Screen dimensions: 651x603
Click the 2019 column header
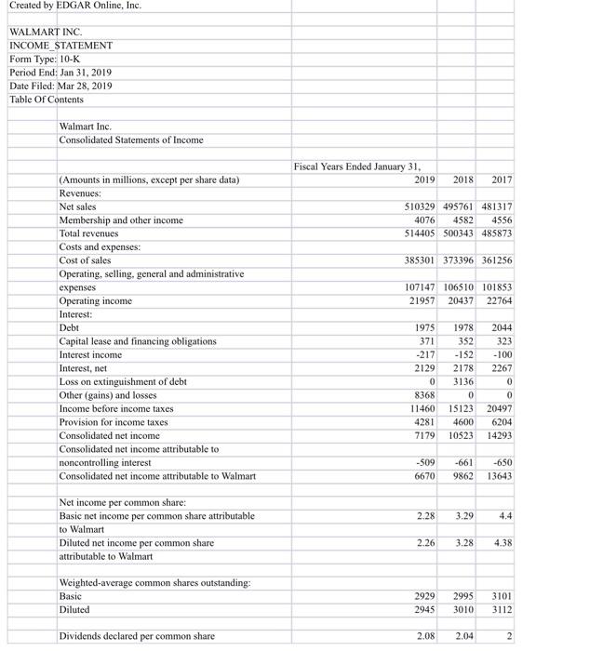(x=424, y=179)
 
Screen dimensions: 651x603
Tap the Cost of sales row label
(x=85, y=260)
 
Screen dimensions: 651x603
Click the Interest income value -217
(x=424, y=354)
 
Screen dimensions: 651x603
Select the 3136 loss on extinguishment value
(x=464, y=381)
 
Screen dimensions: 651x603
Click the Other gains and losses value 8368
(x=424, y=395)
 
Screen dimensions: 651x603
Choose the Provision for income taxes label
(x=114, y=422)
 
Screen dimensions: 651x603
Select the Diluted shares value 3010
(x=464, y=610)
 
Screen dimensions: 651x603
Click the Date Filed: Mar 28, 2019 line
(x=62, y=86)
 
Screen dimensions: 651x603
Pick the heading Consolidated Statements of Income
(x=130, y=139)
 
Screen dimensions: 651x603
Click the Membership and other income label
(x=121, y=220)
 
